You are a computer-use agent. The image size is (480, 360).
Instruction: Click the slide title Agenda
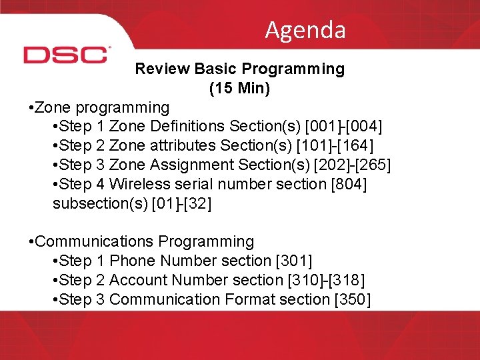[x=305, y=30]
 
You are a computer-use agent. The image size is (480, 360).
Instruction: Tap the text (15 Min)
[x=239, y=88]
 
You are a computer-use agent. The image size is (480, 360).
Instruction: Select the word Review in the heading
[x=162, y=69]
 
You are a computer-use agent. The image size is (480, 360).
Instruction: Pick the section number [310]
[x=312, y=280]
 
